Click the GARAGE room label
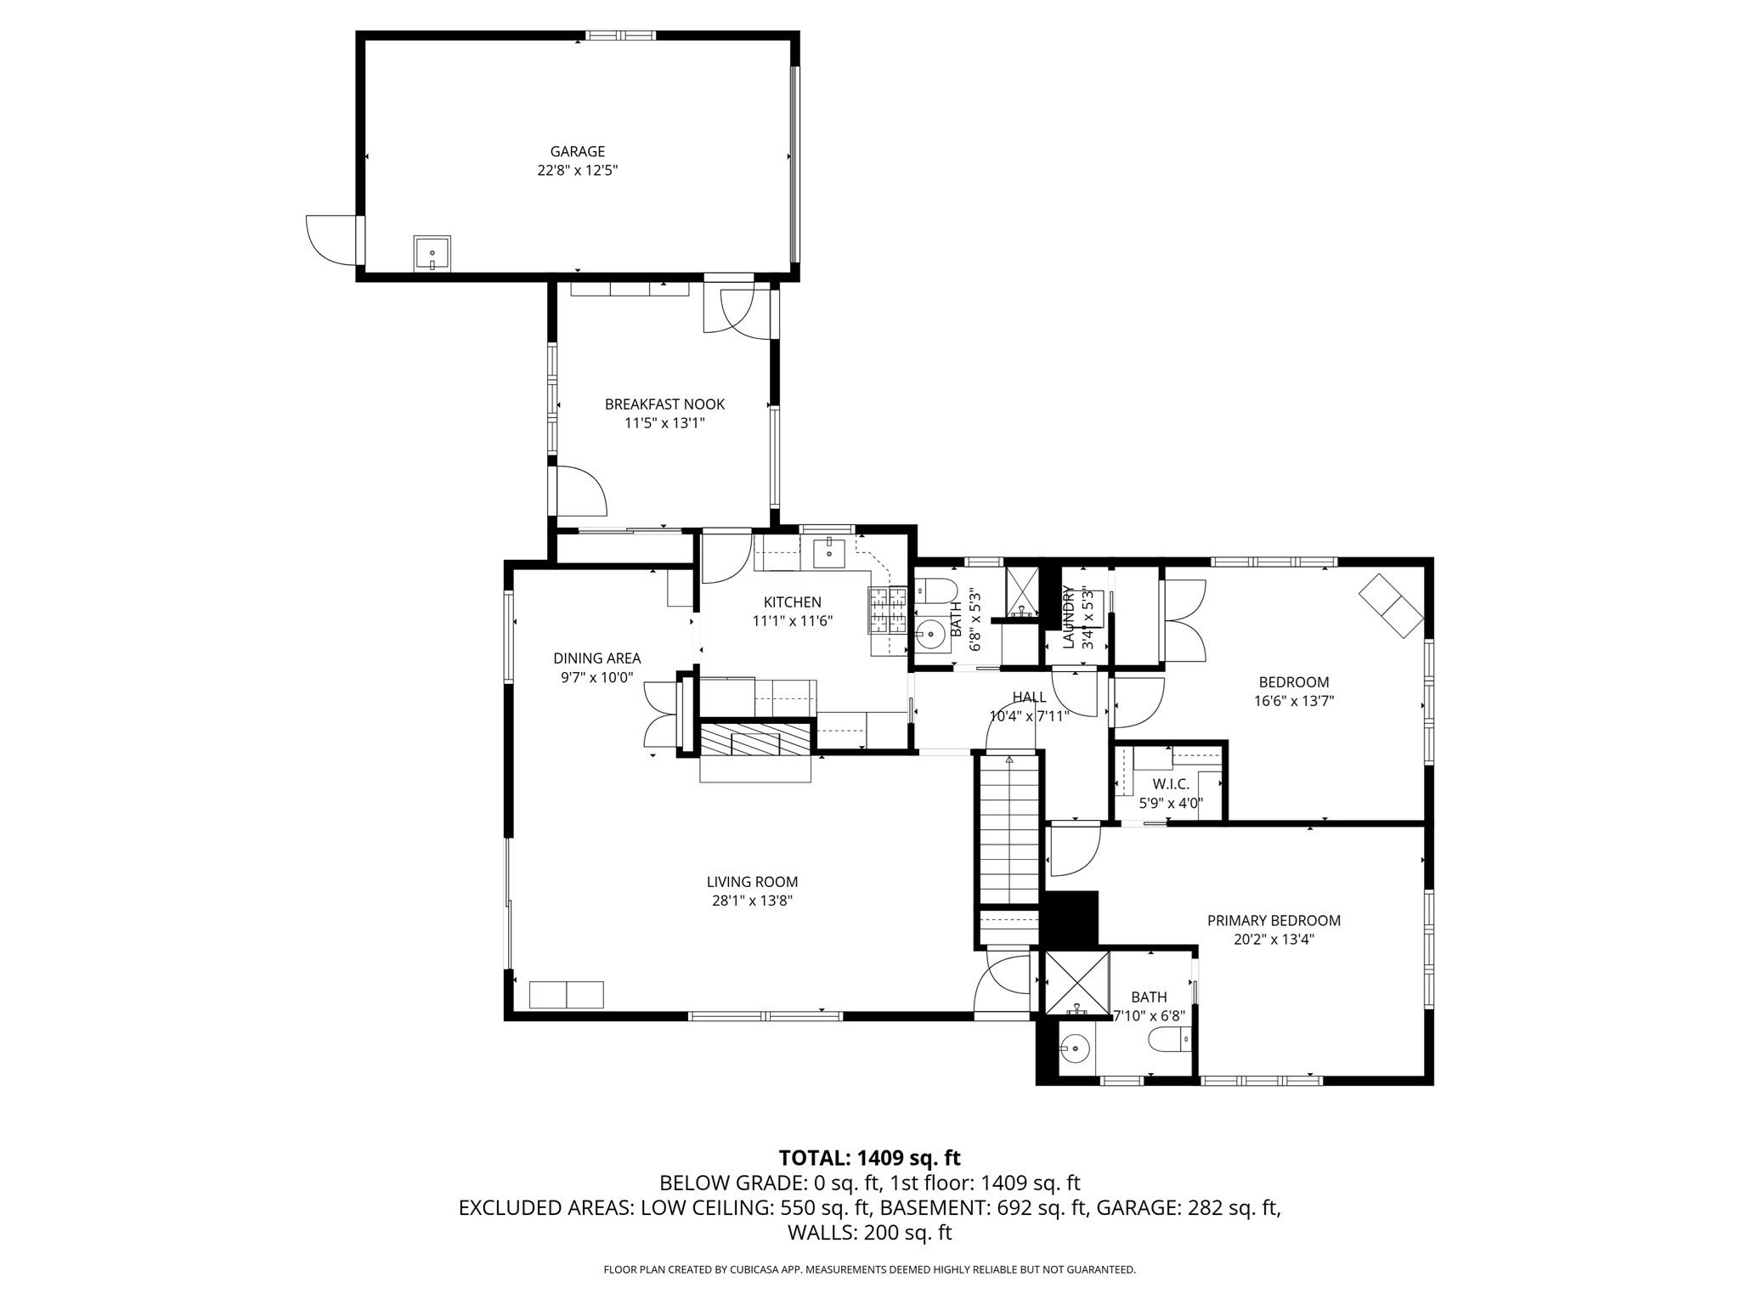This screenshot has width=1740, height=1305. (577, 151)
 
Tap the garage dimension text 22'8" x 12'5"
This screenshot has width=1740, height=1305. (577, 170)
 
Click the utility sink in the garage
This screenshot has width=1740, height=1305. (432, 253)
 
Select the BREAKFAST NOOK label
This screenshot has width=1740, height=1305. (664, 404)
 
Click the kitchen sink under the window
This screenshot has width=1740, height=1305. (828, 553)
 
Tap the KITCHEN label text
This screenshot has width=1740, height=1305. (792, 602)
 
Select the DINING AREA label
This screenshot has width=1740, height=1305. (596, 658)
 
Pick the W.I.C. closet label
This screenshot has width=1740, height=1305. (1171, 784)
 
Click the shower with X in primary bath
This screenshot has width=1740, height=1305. (1076, 983)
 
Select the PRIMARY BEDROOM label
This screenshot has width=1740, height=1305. (1274, 920)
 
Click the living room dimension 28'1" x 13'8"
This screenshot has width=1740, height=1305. (752, 901)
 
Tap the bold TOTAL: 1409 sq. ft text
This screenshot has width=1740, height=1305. (869, 1157)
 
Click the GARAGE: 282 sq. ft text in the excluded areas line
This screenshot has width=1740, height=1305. (1188, 1207)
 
